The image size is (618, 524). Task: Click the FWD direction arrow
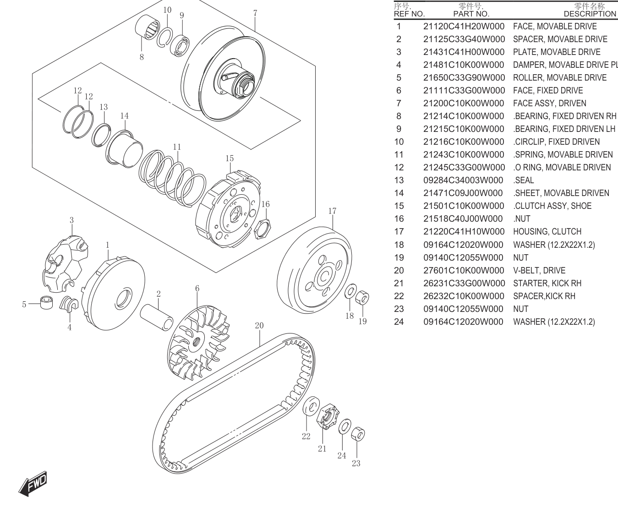tap(33, 484)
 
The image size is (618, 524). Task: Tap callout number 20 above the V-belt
tap(259, 326)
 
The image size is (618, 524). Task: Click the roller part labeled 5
tap(46, 302)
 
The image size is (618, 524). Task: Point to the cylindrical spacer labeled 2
tap(157, 317)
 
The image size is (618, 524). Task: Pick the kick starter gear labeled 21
tap(328, 416)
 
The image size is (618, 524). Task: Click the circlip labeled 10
tap(165, 37)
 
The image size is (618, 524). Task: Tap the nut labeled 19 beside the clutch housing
tap(362, 297)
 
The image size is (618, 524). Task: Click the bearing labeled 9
tap(180, 46)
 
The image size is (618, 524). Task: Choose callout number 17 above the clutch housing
tap(332, 211)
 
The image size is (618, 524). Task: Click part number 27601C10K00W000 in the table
tap(464, 271)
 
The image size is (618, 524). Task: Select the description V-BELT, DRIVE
tap(539, 271)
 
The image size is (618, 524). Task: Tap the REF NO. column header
tap(409, 14)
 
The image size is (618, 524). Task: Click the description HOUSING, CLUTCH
tap(547, 232)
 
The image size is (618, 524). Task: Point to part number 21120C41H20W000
tap(464, 26)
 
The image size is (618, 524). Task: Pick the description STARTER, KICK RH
tap(547, 283)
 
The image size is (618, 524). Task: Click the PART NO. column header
tap(471, 14)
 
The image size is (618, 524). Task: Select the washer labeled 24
tap(345, 426)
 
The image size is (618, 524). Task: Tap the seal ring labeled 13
tap(101, 135)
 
